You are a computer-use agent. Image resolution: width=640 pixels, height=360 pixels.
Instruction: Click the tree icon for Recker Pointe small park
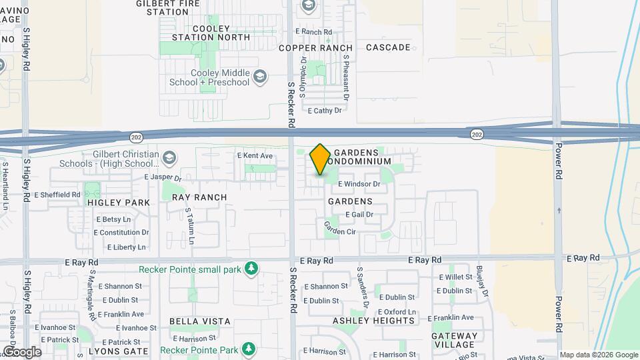[251, 269]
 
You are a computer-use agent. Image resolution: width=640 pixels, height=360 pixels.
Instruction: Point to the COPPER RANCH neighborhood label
[315, 48]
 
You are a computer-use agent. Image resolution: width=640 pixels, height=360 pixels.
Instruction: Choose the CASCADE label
[388, 47]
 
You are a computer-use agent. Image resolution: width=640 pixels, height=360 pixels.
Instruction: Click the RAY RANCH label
[199, 197]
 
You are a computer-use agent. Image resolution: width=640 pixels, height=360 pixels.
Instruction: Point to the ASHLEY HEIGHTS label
[373, 321]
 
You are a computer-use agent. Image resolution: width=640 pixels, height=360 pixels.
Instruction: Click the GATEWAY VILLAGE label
[455, 341]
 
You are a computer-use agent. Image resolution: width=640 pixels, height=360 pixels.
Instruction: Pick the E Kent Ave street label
[255, 156]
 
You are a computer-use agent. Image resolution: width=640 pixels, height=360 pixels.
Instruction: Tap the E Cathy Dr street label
[324, 111]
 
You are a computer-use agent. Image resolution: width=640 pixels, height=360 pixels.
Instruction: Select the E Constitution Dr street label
[121, 233]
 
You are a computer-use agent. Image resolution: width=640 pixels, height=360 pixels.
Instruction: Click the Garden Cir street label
[339, 228]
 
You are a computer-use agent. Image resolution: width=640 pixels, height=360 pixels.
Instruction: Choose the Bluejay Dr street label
[483, 281]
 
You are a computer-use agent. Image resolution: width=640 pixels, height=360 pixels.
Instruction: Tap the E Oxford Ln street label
[397, 312]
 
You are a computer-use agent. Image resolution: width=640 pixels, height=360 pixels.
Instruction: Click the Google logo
[22, 352]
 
